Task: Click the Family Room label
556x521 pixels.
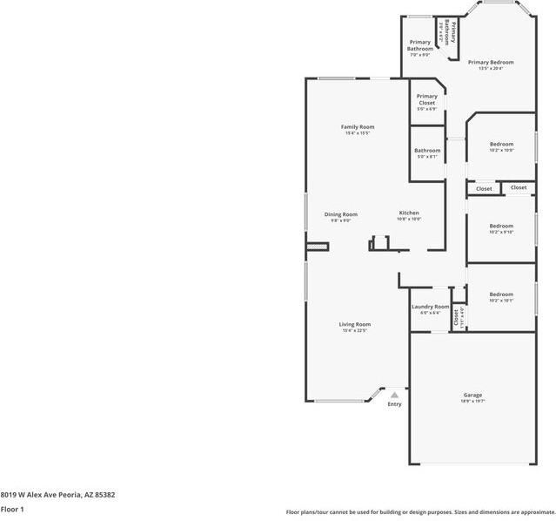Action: pyautogui.click(x=358, y=127)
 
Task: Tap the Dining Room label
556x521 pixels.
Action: pyautogui.click(x=340, y=214)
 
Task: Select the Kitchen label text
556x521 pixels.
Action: pyautogui.click(x=409, y=213)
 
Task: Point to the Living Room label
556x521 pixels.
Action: pyautogui.click(x=355, y=324)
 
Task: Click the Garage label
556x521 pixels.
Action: pyautogui.click(x=472, y=395)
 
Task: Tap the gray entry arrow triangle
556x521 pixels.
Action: pyautogui.click(x=394, y=395)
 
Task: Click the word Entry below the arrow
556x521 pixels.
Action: pyautogui.click(x=394, y=404)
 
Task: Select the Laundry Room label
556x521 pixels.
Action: pyautogui.click(x=430, y=307)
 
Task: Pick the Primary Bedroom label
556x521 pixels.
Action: pyautogui.click(x=490, y=63)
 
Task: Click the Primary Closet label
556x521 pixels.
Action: pyautogui.click(x=426, y=99)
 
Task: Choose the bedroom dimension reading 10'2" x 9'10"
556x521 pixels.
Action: pyautogui.click(x=501, y=232)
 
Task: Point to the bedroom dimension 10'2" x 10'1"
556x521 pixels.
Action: pyautogui.click(x=501, y=301)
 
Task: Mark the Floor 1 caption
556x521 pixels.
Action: pyautogui.click(x=12, y=509)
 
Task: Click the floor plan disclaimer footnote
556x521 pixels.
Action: pyautogui.click(x=419, y=512)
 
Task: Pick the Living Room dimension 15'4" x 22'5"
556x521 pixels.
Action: pyautogui.click(x=355, y=330)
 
